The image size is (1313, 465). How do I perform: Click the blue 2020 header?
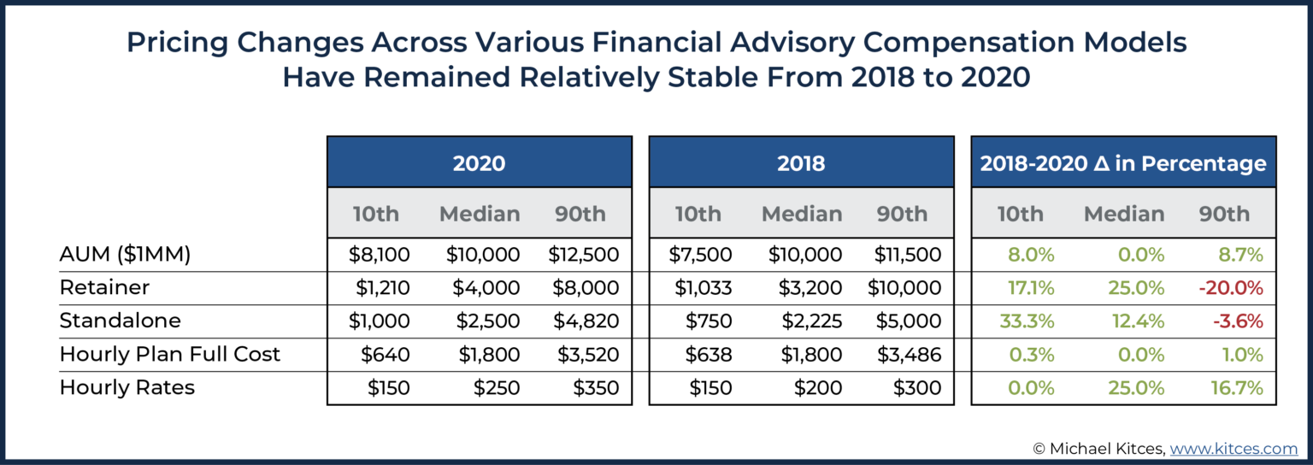click(x=479, y=162)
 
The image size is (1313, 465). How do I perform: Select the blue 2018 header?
click(x=801, y=162)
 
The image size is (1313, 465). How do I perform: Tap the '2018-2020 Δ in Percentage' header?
click(x=1123, y=162)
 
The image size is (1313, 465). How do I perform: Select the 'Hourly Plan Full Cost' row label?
click(x=169, y=354)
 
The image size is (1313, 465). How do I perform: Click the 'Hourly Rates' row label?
click(x=127, y=387)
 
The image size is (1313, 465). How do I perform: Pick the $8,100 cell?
click(x=379, y=254)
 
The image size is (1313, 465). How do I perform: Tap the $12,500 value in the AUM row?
click(x=584, y=254)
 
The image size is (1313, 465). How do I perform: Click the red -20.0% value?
click(x=1231, y=288)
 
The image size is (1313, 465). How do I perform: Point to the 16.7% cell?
click(x=1236, y=387)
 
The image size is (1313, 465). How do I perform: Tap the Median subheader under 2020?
click(x=479, y=214)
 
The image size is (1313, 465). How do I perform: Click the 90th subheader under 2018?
click(x=902, y=214)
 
